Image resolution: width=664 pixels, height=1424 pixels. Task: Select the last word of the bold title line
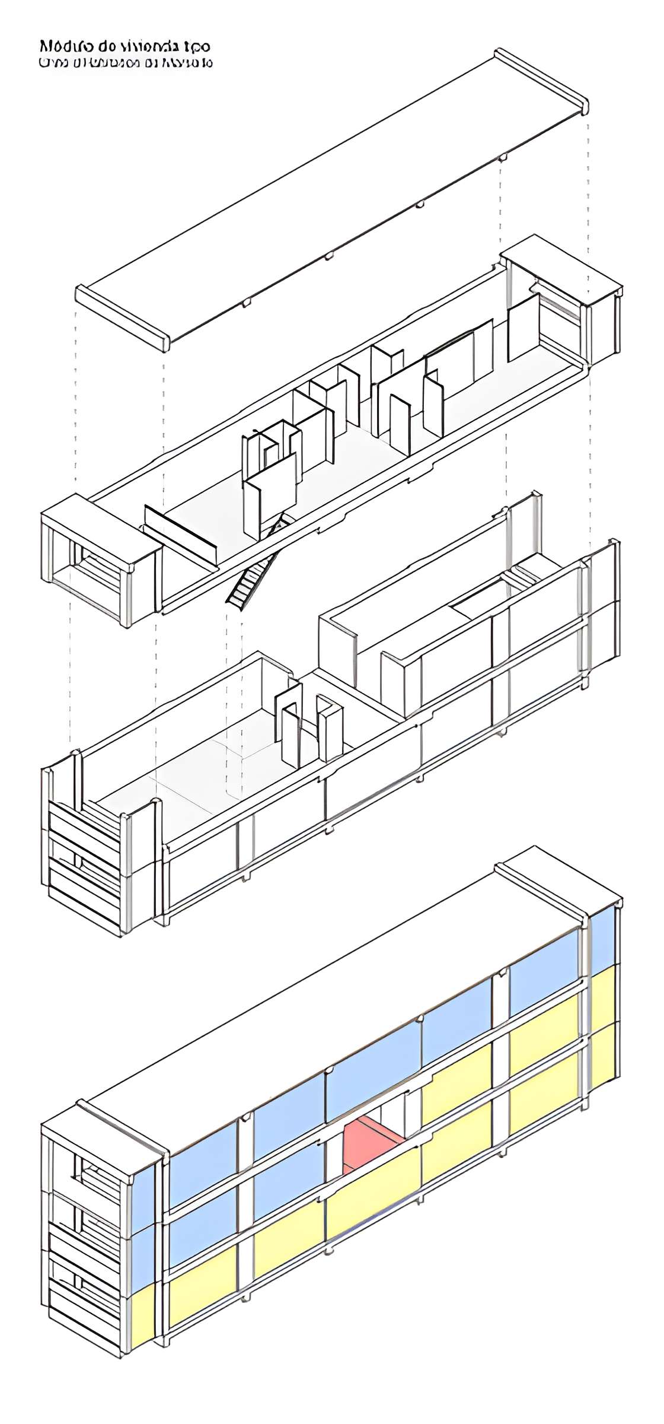click(x=197, y=46)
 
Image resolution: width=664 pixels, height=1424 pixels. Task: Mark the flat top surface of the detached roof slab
click(x=332, y=196)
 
